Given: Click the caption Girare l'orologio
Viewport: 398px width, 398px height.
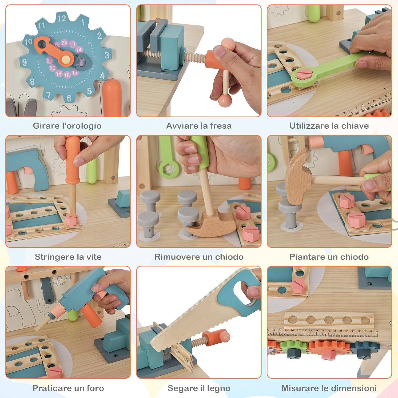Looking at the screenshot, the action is [67, 126].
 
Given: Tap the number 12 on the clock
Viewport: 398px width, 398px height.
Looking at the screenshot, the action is [62, 19].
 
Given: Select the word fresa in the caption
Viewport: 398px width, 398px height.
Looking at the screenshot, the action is [219, 126].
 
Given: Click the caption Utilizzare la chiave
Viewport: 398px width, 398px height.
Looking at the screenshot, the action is [329, 126].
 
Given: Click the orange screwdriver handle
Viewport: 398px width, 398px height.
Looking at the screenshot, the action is [72, 159].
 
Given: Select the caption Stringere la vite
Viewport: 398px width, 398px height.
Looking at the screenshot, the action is [68, 257].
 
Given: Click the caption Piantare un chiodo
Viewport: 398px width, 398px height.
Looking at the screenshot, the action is [329, 257].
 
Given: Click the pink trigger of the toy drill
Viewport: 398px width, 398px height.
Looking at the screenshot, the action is [101, 294].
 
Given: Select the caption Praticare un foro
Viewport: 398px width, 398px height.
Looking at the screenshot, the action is [68, 388].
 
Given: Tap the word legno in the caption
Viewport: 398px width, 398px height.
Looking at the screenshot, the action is [219, 388].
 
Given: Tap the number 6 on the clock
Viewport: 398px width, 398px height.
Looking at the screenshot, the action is [69, 98].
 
